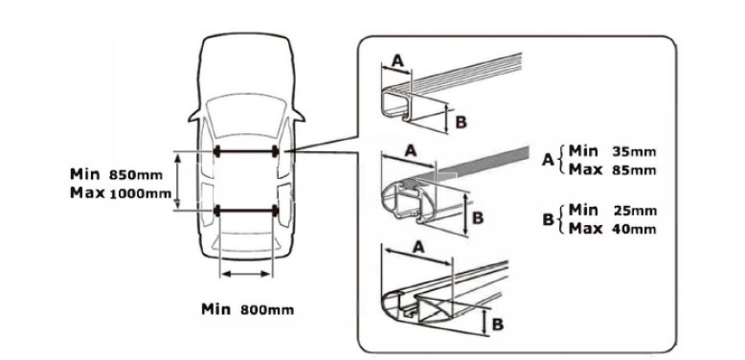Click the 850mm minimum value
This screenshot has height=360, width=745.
point(136,175)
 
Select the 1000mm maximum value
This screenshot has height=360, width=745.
point(140,193)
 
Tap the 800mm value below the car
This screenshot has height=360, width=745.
point(267,310)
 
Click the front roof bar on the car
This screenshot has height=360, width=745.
point(246,152)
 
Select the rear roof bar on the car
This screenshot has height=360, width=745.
point(246,211)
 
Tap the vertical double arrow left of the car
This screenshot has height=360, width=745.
point(178,181)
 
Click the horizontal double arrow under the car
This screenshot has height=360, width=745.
point(246,274)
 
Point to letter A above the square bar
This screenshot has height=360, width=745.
point(398,60)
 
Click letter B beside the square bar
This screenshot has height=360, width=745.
point(461,122)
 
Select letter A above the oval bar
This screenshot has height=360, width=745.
point(411,151)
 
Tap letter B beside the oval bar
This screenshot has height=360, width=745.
point(478,218)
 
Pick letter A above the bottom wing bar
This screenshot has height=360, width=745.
point(418,247)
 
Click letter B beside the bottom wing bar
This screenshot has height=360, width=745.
point(497,325)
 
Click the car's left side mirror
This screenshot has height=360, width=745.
point(195,116)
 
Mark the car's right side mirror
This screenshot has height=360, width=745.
point(298,116)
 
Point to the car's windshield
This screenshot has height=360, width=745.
point(246,114)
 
